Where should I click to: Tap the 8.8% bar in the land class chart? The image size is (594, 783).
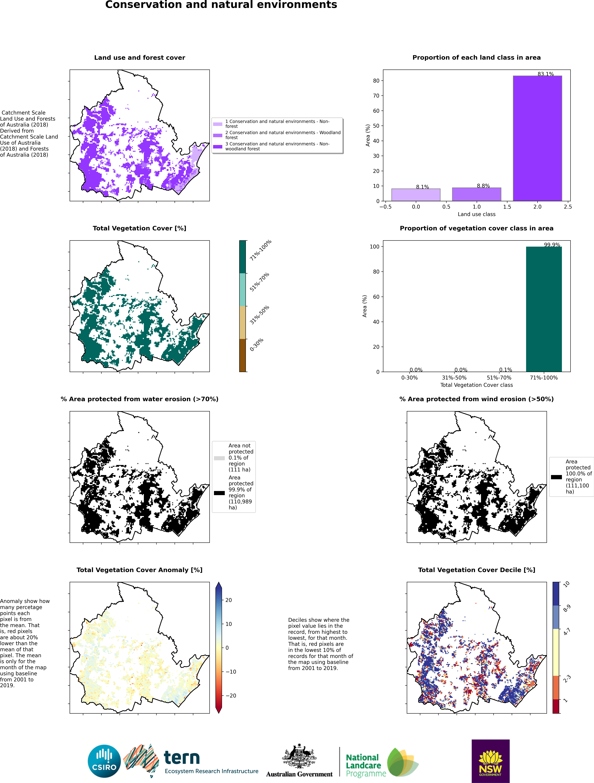click(x=476, y=194)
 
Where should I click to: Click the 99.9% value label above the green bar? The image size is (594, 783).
click(x=552, y=245)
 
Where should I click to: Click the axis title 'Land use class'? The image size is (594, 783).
click(x=476, y=214)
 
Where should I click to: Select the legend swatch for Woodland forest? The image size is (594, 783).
click(x=218, y=135)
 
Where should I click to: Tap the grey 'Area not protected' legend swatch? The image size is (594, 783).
click(x=219, y=458)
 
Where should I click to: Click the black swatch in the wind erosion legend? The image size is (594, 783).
click(x=556, y=477)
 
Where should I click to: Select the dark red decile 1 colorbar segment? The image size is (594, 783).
click(x=556, y=706)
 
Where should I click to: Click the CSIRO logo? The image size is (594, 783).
click(x=104, y=761)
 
